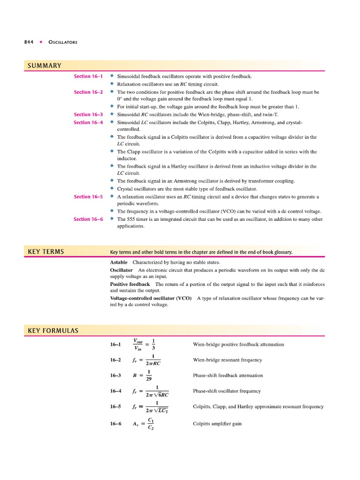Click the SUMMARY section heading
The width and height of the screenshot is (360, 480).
coord(44,65)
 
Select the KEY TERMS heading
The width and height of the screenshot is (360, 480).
coord(46,252)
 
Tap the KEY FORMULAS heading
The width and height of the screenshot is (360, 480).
coord(53,330)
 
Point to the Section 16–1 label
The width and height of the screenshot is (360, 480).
coord(88,76)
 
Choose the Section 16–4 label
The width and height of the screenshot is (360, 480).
coord(88,122)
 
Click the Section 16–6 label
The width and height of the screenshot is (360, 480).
coord(88,219)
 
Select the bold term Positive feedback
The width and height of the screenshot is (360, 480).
coord(130,284)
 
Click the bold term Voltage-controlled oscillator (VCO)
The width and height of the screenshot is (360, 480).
coord(150,298)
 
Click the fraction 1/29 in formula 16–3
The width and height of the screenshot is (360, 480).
coord(149,375)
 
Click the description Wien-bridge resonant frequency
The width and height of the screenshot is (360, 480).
coord(227,360)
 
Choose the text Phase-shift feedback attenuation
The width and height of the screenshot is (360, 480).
coord(228,375)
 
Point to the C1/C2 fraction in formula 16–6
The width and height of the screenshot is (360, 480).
coord(150,424)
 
